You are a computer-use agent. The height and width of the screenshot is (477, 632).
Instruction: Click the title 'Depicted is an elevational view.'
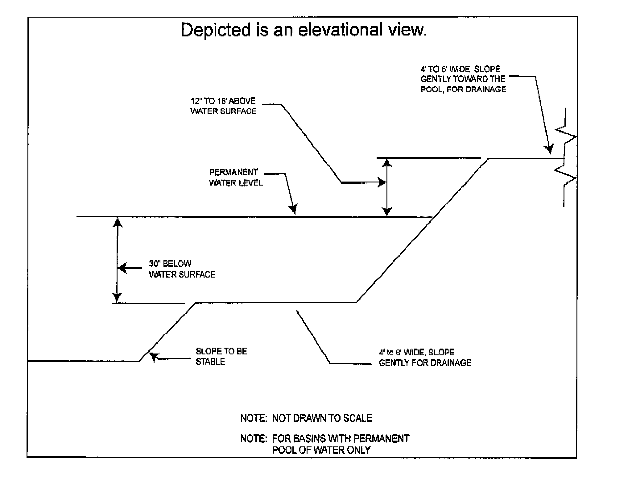tap(304, 30)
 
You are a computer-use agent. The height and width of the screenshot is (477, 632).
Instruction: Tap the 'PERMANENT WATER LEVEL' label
tap(236, 178)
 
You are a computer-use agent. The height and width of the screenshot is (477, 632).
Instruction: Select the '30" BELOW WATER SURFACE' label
tap(182, 269)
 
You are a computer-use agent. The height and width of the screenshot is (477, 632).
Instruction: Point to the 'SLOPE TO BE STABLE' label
tap(221, 356)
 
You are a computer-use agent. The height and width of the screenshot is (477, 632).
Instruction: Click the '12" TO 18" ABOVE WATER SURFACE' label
tap(223, 106)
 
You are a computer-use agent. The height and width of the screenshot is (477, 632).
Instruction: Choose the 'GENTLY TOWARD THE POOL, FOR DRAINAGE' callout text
tap(463, 84)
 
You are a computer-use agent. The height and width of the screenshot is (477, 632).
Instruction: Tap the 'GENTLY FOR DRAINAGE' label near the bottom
tap(425, 362)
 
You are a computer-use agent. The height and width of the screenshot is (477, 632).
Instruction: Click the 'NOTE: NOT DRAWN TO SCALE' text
tap(306, 418)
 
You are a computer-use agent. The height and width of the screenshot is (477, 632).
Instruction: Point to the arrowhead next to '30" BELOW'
tap(123, 268)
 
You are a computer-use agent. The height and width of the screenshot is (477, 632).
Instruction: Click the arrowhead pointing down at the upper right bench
tap(549, 149)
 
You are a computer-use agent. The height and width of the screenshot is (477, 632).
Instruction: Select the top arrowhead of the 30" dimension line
tap(117, 222)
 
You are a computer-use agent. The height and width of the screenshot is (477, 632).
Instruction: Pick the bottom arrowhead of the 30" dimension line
tap(117, 297)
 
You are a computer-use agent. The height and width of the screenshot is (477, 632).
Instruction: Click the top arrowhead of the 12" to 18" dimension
tap(387, 163)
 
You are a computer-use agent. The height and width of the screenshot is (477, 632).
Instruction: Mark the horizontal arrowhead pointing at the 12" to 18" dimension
tap(382, 182)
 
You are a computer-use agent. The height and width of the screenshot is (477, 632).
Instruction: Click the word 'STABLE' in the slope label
tap(210, 362)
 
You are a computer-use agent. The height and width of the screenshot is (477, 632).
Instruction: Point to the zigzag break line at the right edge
tap(566, 157)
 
